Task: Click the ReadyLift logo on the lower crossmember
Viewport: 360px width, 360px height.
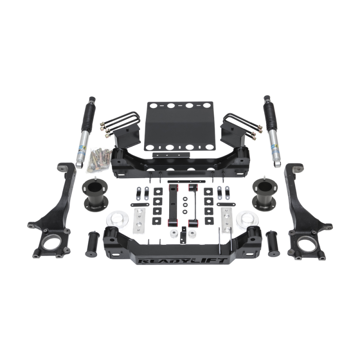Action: click(183, 261)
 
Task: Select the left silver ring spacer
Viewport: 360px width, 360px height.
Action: click(114, 220)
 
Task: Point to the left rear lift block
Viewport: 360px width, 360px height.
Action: click(126, 137)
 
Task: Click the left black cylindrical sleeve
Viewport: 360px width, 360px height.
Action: click(93, 244)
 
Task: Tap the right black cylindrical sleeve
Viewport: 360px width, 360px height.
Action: click(273, 243)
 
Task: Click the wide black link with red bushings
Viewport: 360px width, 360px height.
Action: click(173, 205)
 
